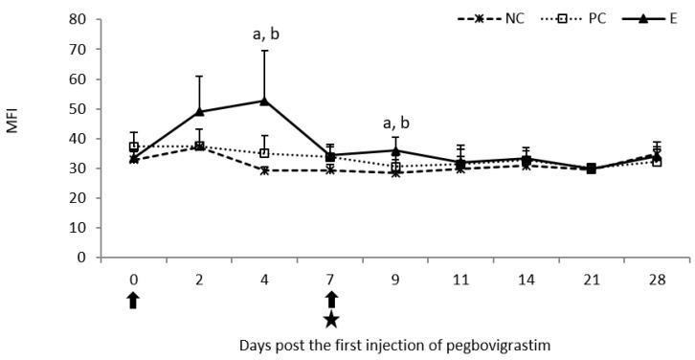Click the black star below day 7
tap(330, 319)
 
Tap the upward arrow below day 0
tap(133, 300)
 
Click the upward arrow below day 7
tap(330, 300)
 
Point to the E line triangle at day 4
tap(264, 100)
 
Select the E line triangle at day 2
tap(199, 111)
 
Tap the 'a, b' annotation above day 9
tap(395, 123)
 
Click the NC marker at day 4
tap(264, 170)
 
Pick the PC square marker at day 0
tap(134, 146)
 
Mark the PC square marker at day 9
tap(395, 167)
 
